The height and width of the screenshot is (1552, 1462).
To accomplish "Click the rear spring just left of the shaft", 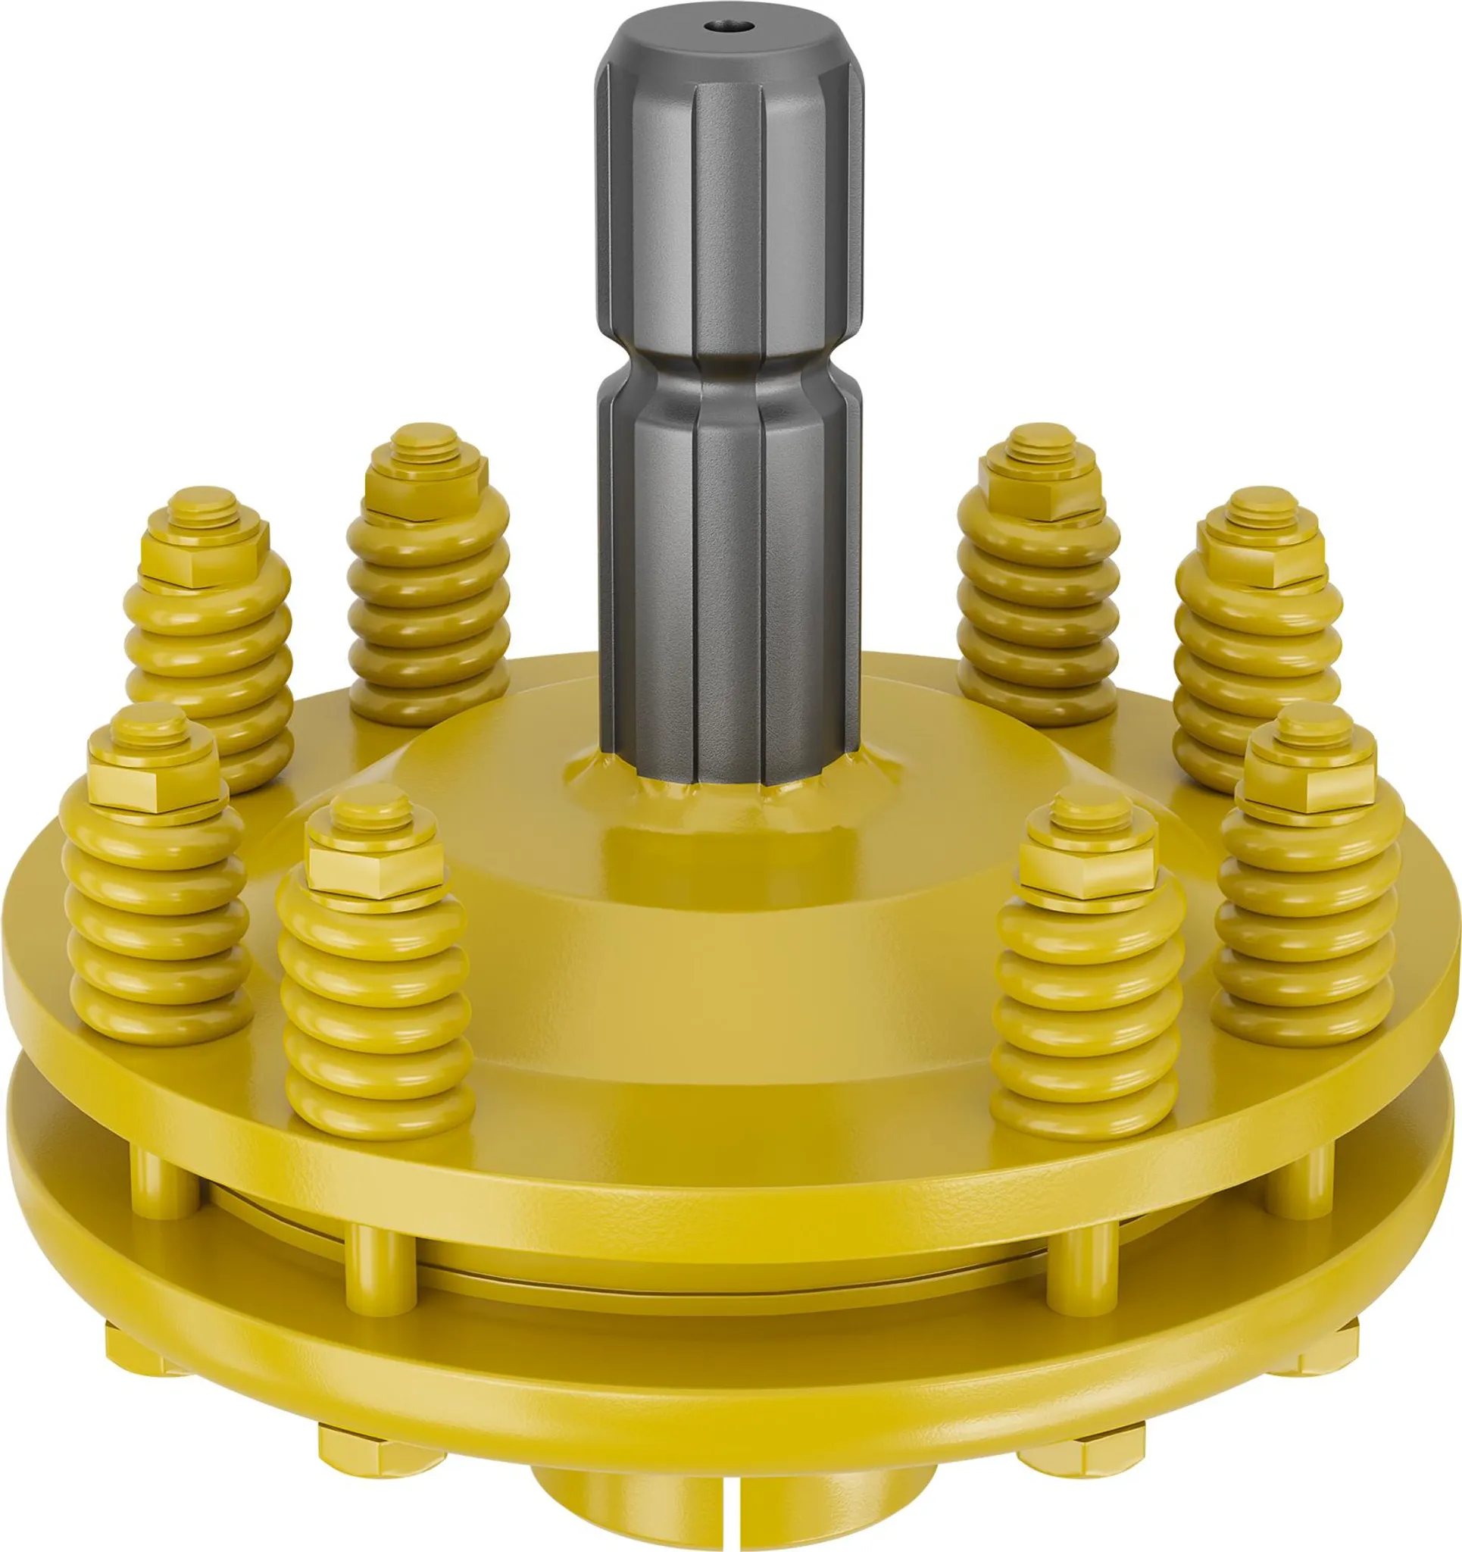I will tap(428, 593).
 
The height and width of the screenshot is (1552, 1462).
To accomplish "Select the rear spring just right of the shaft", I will tap(1038, 593).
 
